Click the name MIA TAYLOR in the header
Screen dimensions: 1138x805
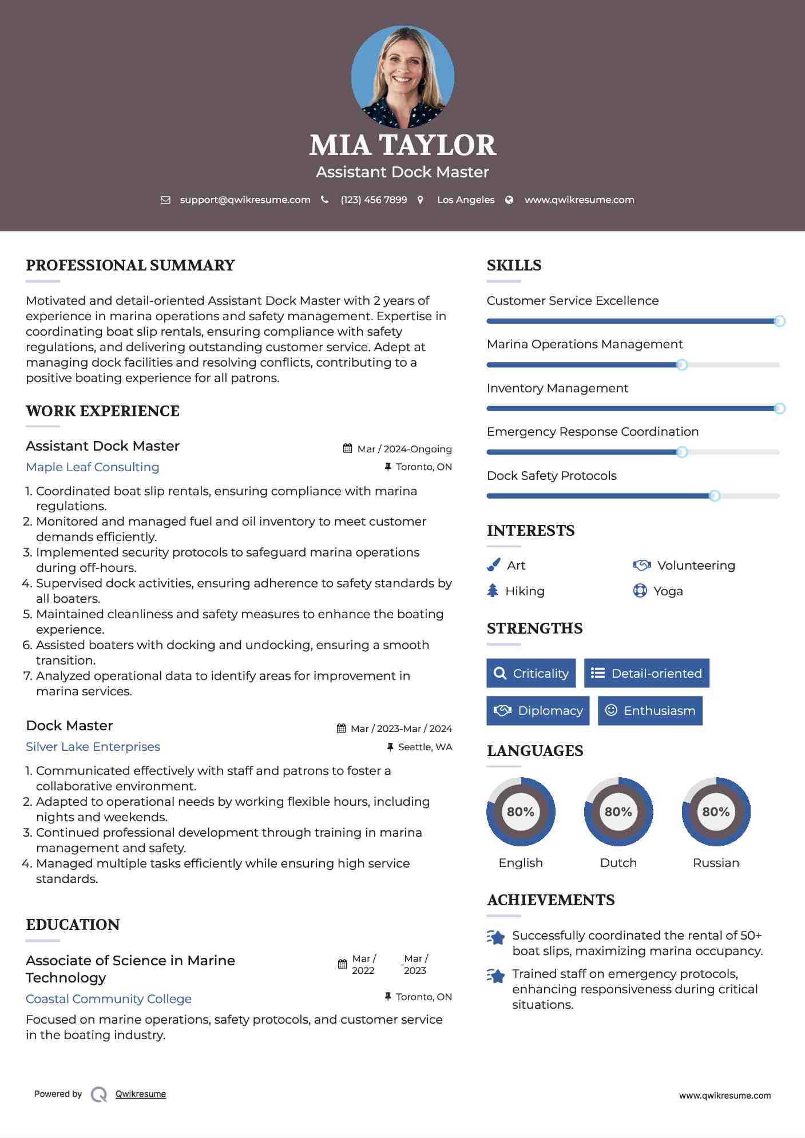[x=402, y=145]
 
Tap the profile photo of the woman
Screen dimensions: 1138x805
[x=402, y=77]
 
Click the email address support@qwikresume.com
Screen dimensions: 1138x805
[x=245, y=200]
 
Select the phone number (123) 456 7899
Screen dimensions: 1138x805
[x=374, y=200]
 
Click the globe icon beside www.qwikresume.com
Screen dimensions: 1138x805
[x=509, y=200]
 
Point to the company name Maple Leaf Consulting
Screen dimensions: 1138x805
[x=93, y=467]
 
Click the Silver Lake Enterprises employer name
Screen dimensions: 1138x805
[x=93, y=746]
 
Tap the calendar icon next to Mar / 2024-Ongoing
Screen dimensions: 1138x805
[x=347, y=448]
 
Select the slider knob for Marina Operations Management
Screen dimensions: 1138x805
[x=681, y=365]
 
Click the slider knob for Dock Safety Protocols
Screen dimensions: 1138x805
[x=714, y=496]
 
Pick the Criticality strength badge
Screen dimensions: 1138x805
[x=531, y=673]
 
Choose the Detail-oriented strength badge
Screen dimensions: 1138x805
[x=647, y=673]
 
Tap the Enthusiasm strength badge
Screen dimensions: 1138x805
[x=650, y=710]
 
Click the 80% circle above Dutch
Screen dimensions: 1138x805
[x=618, y=811]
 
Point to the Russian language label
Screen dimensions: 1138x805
[x=716, y=862]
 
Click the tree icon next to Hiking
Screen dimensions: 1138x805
[x=493, y=591]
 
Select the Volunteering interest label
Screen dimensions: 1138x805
[x=696, y=565]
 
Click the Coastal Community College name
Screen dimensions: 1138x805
[x=109, y=998]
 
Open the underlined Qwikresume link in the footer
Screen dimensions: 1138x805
[x=141, y=1093]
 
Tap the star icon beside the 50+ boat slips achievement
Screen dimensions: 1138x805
[x=496, y=937]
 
